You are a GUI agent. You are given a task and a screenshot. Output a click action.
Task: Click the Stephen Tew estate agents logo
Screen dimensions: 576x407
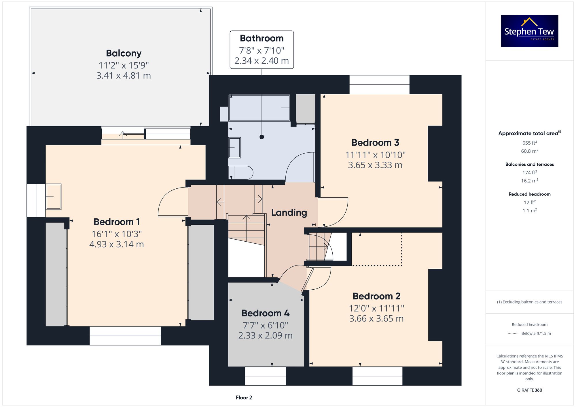[x=529, y=31]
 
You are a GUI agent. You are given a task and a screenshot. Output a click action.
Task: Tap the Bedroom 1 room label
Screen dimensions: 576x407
[x=117, y=222]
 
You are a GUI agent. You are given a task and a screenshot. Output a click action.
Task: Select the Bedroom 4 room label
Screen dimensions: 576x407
[x=266, y=313]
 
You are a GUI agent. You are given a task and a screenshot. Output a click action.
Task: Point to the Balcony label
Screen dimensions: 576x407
[x=124, y=53]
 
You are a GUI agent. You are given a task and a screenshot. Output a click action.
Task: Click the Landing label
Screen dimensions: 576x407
[x=289, y=213]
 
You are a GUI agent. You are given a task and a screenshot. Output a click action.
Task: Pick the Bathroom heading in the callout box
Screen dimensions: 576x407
[x=262, y=38]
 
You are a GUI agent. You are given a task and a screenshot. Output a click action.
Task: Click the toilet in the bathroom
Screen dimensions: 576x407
[x=241, y=173]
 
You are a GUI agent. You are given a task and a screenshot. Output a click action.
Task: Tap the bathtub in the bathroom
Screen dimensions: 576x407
[x=259, y=108]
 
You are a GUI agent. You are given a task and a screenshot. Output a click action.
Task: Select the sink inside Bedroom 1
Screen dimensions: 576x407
[x=53, y=197]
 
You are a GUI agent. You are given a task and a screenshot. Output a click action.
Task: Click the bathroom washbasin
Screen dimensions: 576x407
[x=234, y=148]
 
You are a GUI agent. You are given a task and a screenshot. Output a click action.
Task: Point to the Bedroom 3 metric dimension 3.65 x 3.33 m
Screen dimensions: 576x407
[x=375, y=165]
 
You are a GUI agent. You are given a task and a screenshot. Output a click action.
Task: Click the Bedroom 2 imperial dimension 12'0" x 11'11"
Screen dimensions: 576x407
[x=376, y=308]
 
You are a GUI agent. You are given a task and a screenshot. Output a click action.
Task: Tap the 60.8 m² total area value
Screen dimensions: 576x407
[x=530, y=151]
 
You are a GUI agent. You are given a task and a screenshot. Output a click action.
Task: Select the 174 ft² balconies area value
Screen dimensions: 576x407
[x=530, y=173]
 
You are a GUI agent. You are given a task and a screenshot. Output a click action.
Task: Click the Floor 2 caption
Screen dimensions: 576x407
[x=244, y=398]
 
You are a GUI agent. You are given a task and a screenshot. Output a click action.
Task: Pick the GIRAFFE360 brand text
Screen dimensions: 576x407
[x=530, y=390]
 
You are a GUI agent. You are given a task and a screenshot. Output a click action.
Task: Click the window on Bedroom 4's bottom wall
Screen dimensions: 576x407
[x=265, y=376]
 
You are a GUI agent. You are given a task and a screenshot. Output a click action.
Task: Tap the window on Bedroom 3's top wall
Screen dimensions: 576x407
[x=379, y=85]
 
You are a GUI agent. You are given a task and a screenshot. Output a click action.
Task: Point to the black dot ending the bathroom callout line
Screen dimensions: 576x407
[x=262, y=137]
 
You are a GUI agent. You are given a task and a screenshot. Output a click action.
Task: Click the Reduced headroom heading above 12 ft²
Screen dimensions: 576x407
[x=530, y=194]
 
